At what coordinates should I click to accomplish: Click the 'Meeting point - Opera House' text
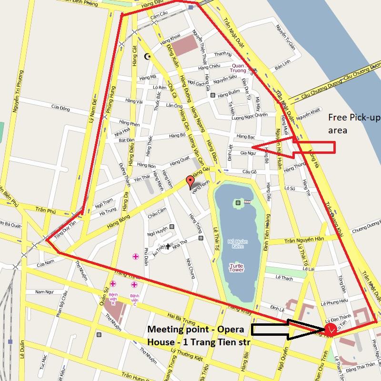click(x=196, y=335)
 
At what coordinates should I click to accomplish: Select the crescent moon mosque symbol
click(x=147, y=57)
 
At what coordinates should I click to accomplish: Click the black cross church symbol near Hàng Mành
click(x=167, y=246)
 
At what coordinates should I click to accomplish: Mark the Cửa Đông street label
click(x=60, y=109)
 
